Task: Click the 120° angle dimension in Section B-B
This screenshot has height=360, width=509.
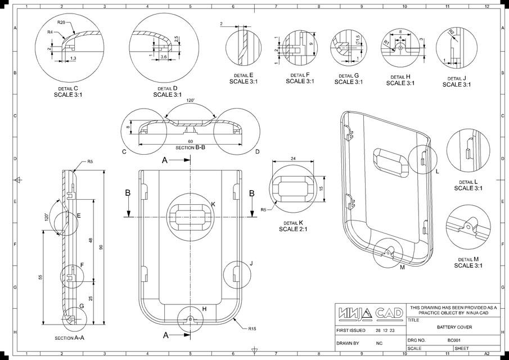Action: pyautogui.click(x=191, y=101)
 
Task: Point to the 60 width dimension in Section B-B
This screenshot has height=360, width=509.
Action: pyautogui.click(x=191, y=141)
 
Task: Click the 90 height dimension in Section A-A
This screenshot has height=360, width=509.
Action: pyautogui.click(x=101, y=247)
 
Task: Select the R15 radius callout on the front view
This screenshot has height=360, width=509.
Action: pyautogui.click(x=252, y=327)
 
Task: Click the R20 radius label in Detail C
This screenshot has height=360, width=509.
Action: pyautogui.click(x=61, y=22)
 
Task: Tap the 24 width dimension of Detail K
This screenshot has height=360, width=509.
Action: pyautogui.click(x=293, y=159)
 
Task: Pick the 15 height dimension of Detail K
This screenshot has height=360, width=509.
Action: pyautogui.click(x=321, y=188)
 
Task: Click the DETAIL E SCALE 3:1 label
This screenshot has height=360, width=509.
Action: pyautogui.click(x=243, y=78)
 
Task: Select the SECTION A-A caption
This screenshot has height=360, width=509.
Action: pyautogui.click(x=70, y=338)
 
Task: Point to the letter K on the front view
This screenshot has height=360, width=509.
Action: pyautogui.click(x=213, y=204)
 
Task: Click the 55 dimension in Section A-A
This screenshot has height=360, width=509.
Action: pyautogui.click(x=40, y=279)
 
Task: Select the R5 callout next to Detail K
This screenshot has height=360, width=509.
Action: pyautogui.click(x=263, y=210)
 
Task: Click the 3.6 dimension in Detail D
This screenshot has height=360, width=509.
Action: pyautogui.click(x=163, y=57)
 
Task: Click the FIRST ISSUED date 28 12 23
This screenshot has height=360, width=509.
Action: pyautogui.click(x=385, y=330)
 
